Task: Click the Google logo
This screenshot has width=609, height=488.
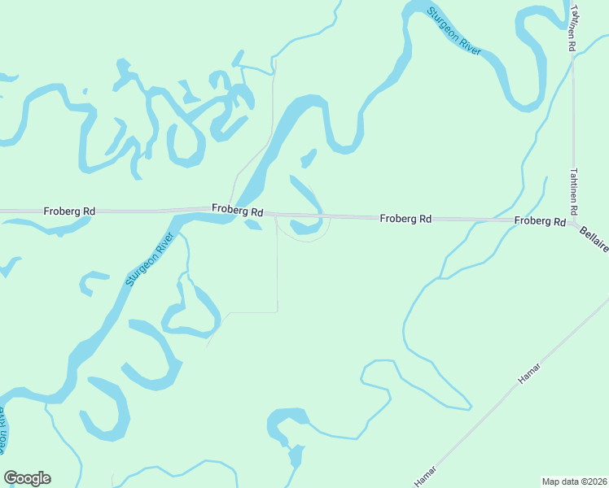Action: click(x=28, y=478)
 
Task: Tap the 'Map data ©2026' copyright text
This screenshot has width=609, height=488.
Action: click(x=574, y=481)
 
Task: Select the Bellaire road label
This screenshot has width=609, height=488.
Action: click(x=594, y=239)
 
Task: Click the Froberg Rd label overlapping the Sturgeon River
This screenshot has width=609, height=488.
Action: click(x=238, y=210)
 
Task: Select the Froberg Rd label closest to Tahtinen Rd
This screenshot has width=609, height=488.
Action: click(x=539, y=221)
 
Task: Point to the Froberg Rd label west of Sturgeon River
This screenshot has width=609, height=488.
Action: click(x=69, y=211)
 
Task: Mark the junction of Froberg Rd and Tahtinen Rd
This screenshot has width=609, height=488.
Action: click(x=574, y=222)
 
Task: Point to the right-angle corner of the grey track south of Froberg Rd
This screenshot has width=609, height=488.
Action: click(x=277, y=311)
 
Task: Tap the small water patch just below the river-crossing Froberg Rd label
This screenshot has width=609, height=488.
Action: click(x=253, y=225)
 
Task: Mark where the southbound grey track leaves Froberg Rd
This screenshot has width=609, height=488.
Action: click(x=277, y=218)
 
